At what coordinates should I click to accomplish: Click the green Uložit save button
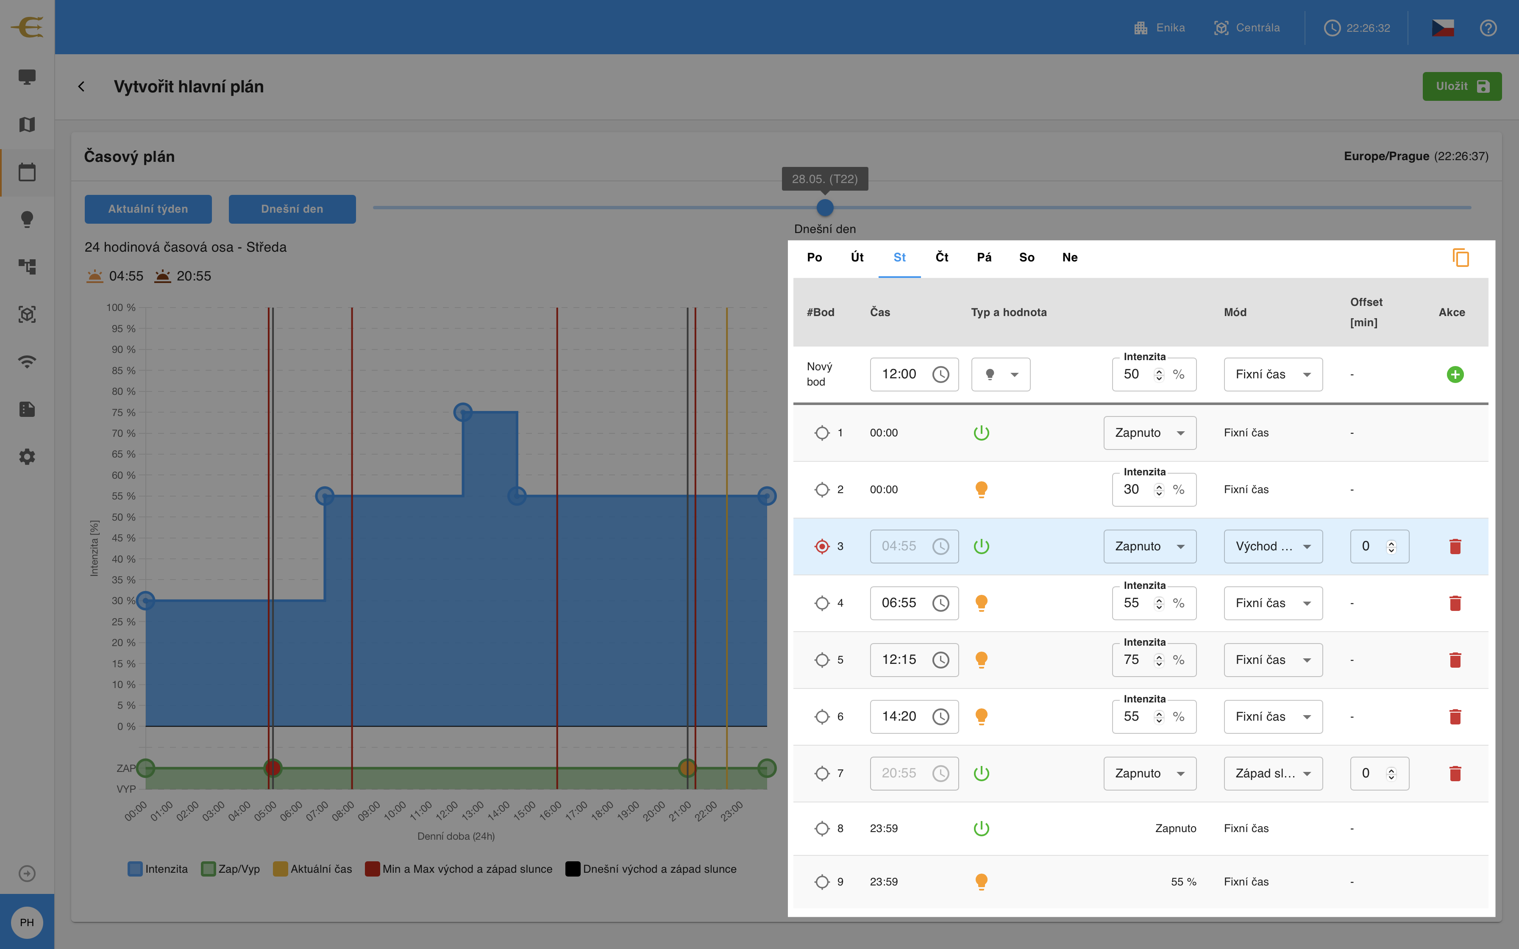[x=1461, y=86]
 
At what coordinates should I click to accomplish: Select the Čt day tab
[x=941, y=257]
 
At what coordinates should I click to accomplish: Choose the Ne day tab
[x=1070, y=257]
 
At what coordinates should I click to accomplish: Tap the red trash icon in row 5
[x=1455, y=660]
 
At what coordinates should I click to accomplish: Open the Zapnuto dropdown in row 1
[x=1150, y=433]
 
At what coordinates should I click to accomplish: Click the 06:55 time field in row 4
[x=914, y=603]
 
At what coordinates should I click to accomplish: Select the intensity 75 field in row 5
[x=1154, y=660]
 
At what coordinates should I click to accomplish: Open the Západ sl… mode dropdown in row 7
[x=1273, y=773]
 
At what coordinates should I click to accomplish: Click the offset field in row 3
[x=1379, y=547]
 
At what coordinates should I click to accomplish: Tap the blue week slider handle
[x=825, y=207]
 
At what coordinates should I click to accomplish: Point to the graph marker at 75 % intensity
[x=462, y=412]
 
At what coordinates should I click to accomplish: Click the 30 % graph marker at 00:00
[x=146, y=601]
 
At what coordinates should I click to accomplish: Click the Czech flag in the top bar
[x=1442, y=28]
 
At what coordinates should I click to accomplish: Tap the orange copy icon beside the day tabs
[x=1460, y=257]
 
